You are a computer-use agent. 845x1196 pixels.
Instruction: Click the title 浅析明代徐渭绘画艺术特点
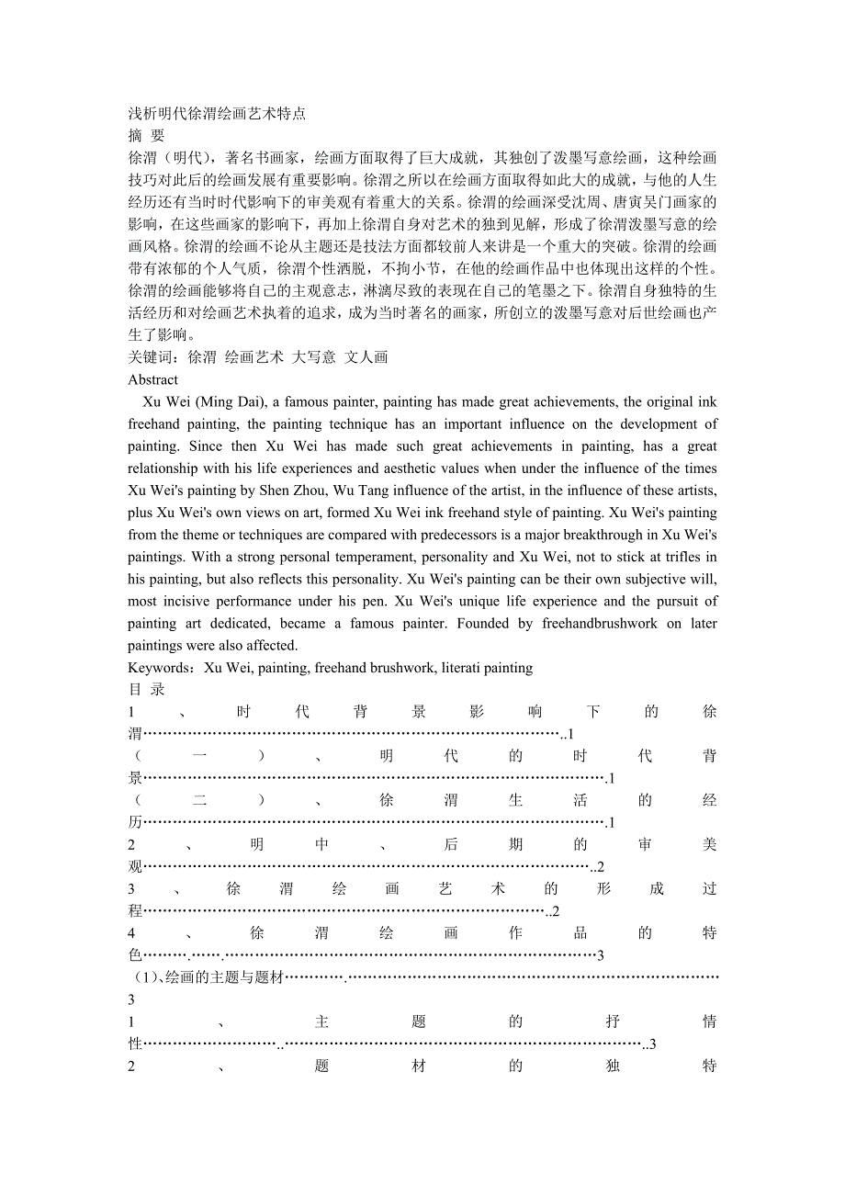(217, 114)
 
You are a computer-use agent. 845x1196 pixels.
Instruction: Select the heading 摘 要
(146, 136)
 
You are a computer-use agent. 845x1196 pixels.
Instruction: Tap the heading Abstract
(153, 379)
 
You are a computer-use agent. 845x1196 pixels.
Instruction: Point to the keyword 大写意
(313, 357)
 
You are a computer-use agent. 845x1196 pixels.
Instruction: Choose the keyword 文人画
(366, 357)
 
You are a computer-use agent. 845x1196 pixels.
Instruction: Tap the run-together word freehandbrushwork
(598, 624)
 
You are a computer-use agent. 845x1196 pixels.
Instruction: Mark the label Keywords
(160, 668)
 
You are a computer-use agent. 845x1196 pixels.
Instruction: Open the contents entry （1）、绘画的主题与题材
(207, 977)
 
